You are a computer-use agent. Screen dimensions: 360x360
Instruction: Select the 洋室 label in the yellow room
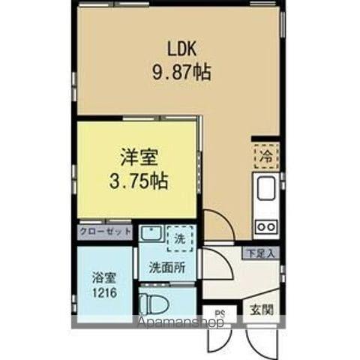(x=136, y=159)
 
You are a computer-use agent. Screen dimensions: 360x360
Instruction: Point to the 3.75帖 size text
(x=136, y=181)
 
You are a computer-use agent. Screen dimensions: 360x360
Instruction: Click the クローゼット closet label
(x=105, y=232)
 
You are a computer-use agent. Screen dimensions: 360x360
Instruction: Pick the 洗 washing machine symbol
(x=178, y=239)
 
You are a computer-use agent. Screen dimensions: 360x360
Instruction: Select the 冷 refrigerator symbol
(x=265, y=156)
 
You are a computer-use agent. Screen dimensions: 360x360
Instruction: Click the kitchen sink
(x=266, y=190)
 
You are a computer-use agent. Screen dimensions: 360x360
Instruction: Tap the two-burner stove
(x=266, y=223)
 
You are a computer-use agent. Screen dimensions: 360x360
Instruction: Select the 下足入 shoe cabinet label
(x=261, y=253)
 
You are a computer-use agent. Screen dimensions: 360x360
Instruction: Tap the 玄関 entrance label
(x=261, y=309)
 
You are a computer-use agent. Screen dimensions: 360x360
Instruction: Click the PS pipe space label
(x=220, y=313)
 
